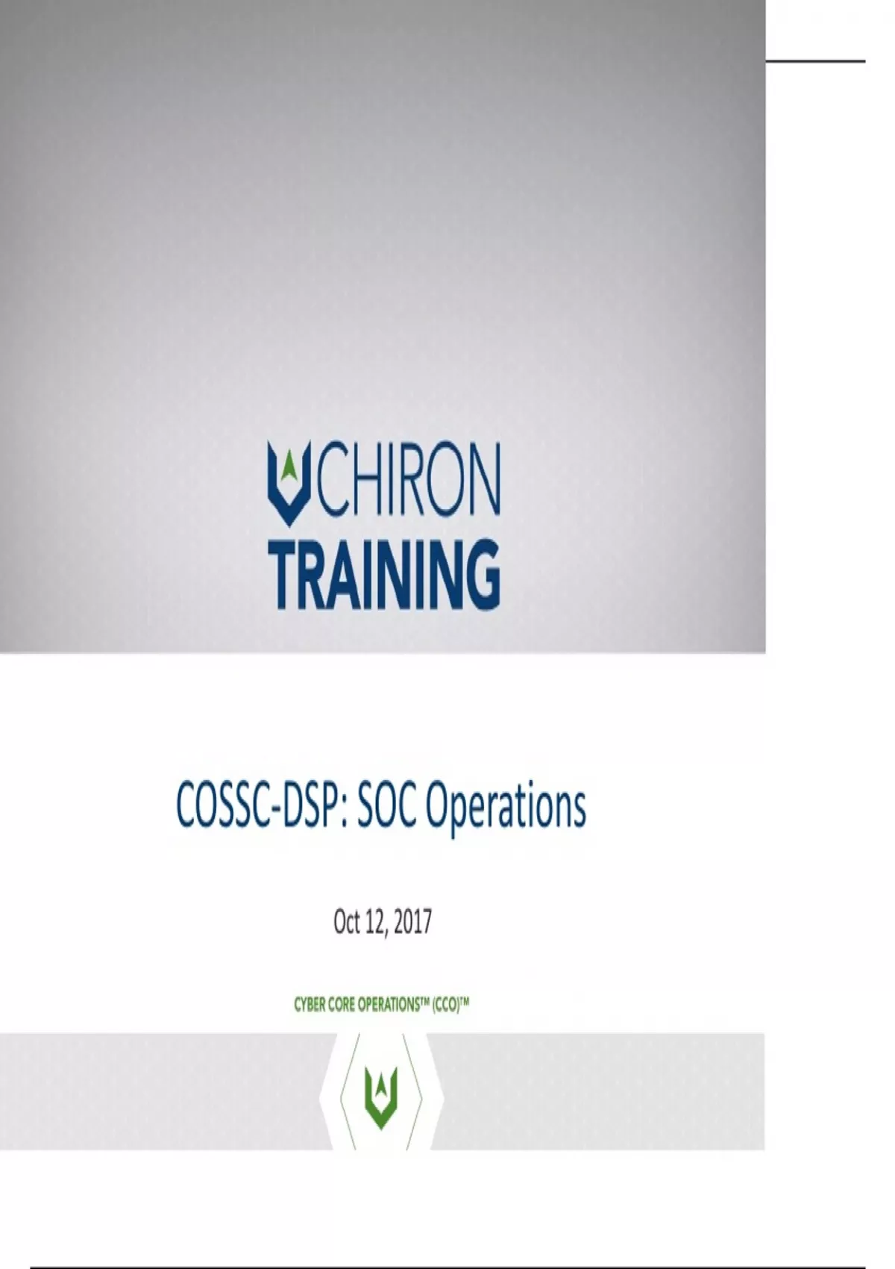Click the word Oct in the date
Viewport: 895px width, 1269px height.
coord(347,922)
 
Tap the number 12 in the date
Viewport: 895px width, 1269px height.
coord(376,923)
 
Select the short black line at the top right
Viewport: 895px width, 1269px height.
coord(815,60)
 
